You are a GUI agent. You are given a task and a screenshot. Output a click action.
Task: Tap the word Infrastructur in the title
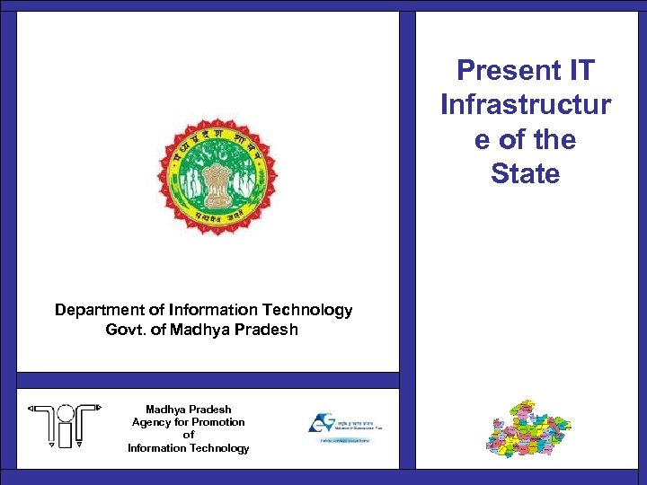[526, 104]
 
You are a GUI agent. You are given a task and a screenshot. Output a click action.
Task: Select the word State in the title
[526, 173]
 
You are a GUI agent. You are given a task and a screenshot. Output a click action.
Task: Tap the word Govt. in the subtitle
[125, 330]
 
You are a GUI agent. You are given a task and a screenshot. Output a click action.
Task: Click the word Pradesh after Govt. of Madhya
[268, 330]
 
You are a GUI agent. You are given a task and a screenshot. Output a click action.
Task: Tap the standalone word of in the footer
[189, 435]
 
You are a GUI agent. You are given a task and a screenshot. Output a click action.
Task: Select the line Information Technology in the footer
[189, 448]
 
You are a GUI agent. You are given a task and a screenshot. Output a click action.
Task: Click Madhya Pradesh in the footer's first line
[189, 410]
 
